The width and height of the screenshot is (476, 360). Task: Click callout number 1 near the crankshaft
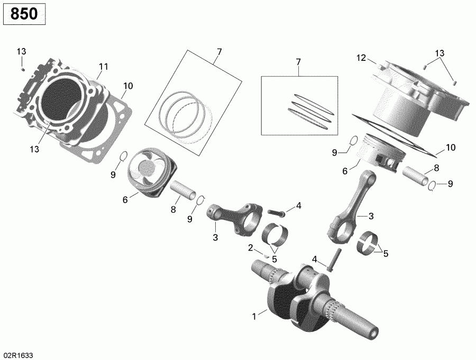pos(254,317)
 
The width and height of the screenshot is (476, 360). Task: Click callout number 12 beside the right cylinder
pos(361,58)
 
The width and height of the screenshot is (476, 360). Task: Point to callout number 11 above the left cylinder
pos(103,67)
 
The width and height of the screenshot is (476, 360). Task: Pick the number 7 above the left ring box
pos(218,51)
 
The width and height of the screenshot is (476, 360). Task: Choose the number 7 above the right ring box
pos(298,62)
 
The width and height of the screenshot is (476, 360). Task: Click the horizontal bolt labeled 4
pos(277,213)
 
